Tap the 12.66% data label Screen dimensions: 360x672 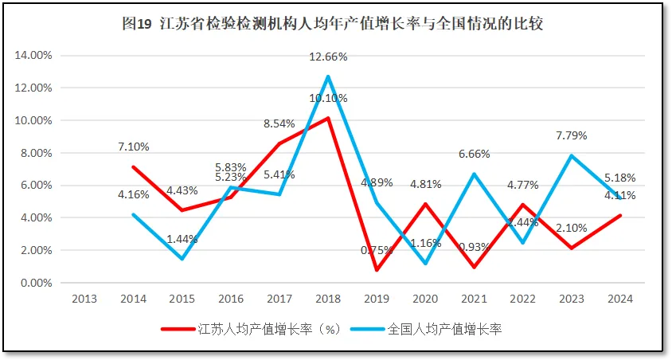[329, 57]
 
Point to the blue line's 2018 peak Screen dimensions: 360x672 [328, 76]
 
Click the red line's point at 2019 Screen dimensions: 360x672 [377, 270]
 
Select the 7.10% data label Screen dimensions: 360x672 [133, 147]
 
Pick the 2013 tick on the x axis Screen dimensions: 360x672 [84, 299]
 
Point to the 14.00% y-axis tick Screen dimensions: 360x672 [33, 56]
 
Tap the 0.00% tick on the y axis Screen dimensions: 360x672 [36, 283]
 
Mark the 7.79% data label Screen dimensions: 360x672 [571, 135]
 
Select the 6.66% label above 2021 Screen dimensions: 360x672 [474, 154]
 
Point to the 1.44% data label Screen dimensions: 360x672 [182, 238]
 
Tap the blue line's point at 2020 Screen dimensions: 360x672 [425, 264]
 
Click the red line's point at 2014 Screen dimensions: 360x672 [133, 167]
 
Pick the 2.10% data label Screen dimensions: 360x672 [571, 228]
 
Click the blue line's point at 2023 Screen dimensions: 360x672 [570, 156]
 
